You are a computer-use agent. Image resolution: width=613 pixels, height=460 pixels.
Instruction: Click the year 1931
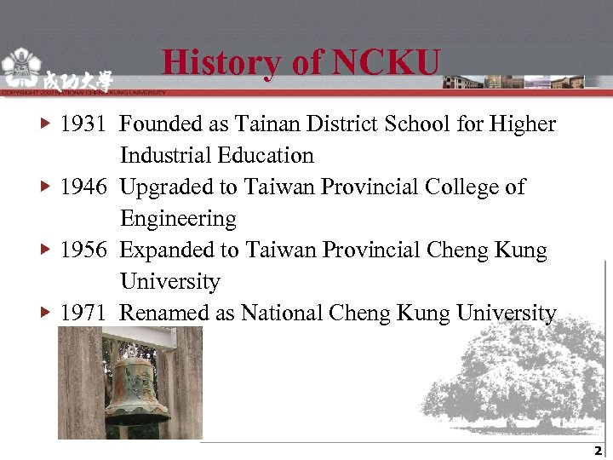click(83, 124)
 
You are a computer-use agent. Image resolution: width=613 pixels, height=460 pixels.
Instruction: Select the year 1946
click(83, 187)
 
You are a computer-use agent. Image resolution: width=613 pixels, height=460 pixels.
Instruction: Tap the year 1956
click(83, 250)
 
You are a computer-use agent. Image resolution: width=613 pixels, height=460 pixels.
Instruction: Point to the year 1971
click(83, 313)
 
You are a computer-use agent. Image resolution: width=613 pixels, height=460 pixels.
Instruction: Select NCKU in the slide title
click(387, 62)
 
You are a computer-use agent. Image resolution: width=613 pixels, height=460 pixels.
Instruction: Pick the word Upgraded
click(163, 187)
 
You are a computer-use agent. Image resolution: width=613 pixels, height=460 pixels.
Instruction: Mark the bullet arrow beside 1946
click(47, 187)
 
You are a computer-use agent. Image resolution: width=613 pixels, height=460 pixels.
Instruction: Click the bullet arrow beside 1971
click(47, 313)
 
